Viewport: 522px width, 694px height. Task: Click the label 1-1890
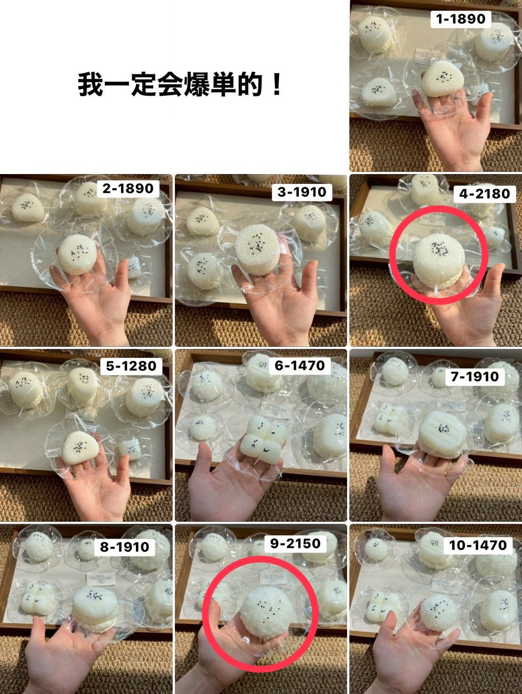[x=460, y=19]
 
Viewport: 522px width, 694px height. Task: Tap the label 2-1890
[x=127, y=189]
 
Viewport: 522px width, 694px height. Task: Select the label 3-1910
[x=302, y=192]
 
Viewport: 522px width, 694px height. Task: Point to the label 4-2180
[x=484, y=194]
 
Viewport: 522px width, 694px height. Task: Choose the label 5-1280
[x=131, y=366]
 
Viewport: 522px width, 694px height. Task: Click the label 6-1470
[x=300, y=366]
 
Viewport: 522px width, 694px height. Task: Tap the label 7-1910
[x=475, y=376]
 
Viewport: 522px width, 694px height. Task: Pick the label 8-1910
[x=124, y=547]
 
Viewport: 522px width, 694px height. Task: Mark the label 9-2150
[x=295, y=543]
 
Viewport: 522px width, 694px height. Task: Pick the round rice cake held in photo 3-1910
[x=258, y=250]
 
